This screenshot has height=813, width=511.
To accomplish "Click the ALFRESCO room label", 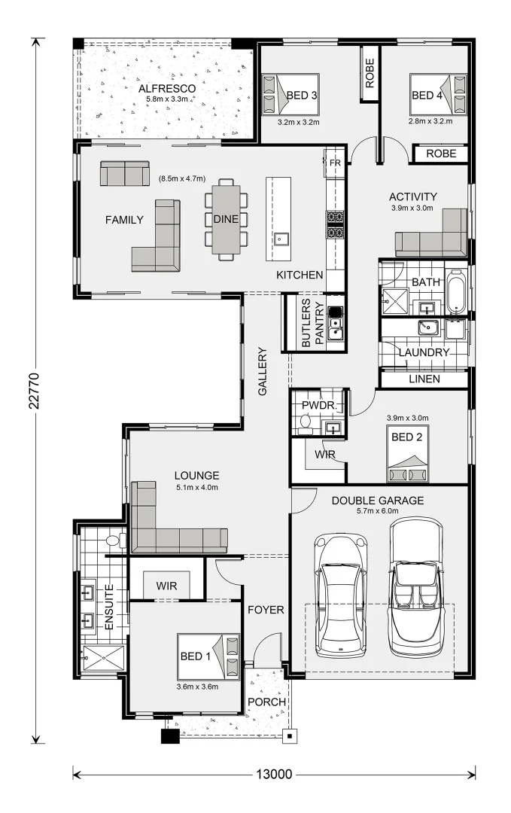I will (x=167, y=89).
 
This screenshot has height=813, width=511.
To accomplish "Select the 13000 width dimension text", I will (x=274, y=774).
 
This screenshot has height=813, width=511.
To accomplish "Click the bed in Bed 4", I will (x=439, y=94).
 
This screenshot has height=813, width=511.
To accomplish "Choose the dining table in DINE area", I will (x=225, y=219).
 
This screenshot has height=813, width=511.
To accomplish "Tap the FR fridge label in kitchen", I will (x=335, y=163).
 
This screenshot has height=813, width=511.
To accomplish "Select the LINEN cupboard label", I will (x=424, y=379).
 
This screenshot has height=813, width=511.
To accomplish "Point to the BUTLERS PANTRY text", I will (x=312, y=323).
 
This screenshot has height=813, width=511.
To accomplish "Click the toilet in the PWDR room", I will (x=305, y=426).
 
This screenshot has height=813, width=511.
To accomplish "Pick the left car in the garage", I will (x=341, y=594).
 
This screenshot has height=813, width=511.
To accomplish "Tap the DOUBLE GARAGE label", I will (x=378, y=501).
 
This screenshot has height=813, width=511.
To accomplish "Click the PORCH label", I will (x=266, y=702).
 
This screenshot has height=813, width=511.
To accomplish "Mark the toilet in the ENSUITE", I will (x=114, y=540).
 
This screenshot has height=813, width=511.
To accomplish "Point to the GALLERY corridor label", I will (x=263, y=371).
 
